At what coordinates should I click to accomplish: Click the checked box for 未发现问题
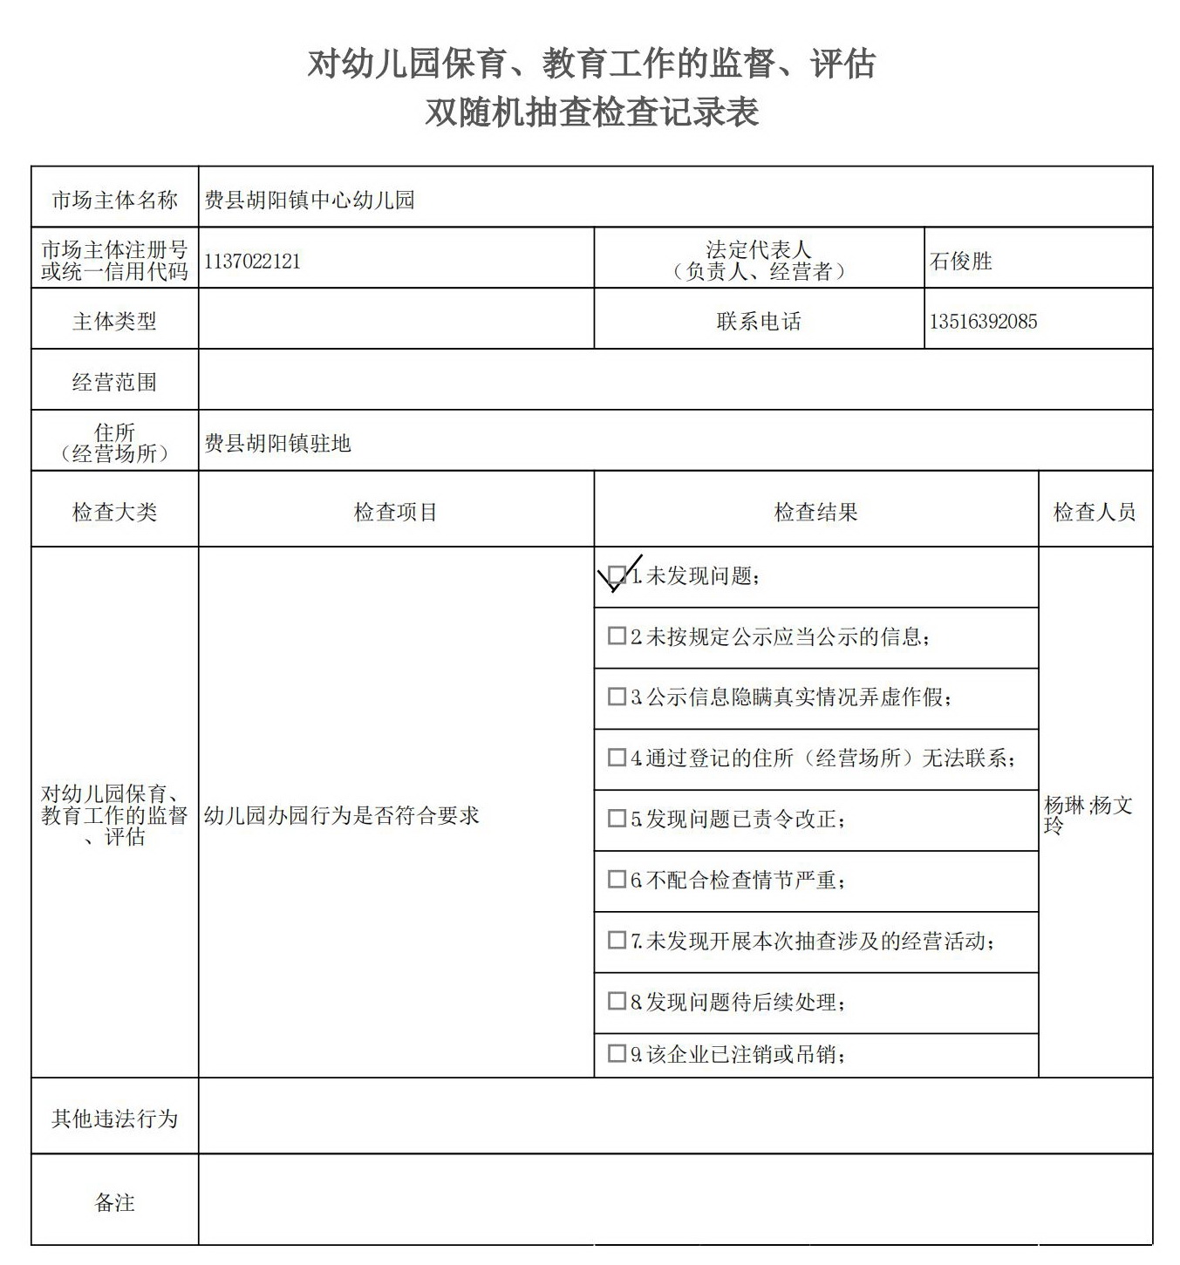point(617,575)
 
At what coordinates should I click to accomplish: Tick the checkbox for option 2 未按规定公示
point(617,636)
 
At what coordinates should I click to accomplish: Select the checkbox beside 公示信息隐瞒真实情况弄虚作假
point(617,697)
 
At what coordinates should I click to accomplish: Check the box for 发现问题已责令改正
point(617,819)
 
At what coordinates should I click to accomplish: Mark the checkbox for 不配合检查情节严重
point(617,880)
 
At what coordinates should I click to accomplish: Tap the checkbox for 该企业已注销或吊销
point(617,1053)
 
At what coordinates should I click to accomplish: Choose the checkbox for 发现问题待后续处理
point(617,1001)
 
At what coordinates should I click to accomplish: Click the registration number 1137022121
point(252,262)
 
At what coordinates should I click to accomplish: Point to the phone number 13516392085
point(983,322)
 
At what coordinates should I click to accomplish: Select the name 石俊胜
point(960,262)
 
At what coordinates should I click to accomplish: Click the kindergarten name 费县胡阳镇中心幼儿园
point(310,201)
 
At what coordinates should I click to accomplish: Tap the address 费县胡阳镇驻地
point(277,444)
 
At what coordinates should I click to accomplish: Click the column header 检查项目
point(395,513)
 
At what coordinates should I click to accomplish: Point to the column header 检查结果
point(815,513)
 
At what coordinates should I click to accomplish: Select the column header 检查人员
point(1095,513)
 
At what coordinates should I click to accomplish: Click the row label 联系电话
point(759,322)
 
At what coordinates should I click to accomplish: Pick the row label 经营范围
point(114,382)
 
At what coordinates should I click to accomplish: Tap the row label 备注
point(114,1203)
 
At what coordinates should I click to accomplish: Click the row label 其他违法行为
point(114,1119)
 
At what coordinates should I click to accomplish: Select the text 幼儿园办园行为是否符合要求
point(342,816)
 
